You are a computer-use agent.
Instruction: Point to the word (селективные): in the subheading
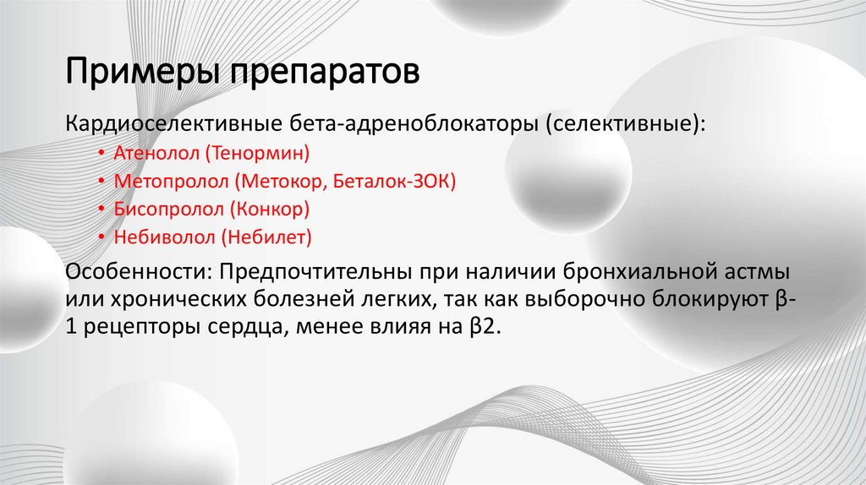[x=626, y=125]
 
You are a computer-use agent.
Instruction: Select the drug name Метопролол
[x=156, y=181]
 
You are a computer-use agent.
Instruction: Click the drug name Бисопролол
[x=155, y=209]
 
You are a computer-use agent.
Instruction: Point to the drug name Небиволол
[x=152, y=237]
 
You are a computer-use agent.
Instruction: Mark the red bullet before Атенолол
[x=101, y=154]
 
